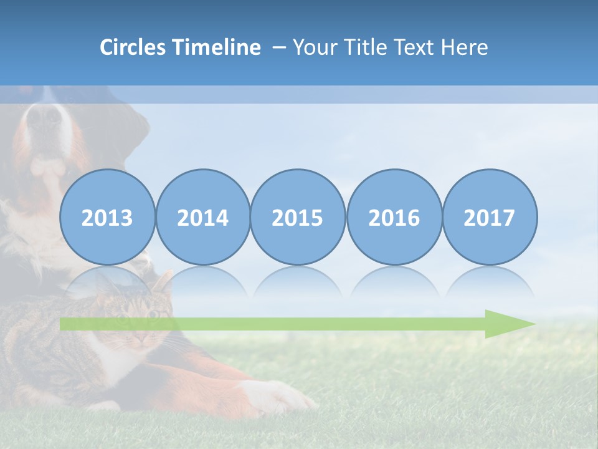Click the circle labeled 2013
tap(107, 217)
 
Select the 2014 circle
tap(202, 217)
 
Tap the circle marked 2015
tap(298, 217)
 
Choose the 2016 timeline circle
tap(394, 217)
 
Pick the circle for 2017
tap(489, 217)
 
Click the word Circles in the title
tap(133, 47)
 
